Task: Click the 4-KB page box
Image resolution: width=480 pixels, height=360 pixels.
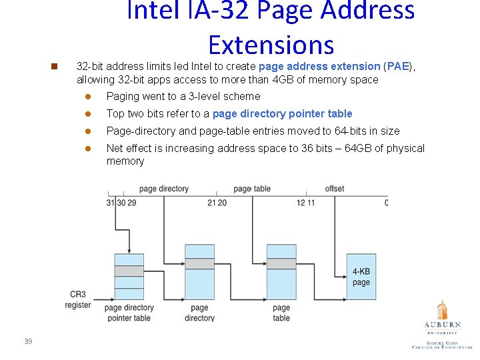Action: pos(361,277)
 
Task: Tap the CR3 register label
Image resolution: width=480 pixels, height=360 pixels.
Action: pos(78,299)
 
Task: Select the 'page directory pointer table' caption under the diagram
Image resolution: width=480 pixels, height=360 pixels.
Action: pos(129,313)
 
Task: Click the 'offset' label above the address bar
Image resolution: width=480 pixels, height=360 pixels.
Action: pos(335,189)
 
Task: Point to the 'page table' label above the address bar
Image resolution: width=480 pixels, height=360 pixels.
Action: pos(252,189)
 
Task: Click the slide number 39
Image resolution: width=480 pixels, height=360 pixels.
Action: pos(28,341)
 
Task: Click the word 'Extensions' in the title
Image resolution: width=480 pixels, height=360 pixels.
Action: pos(271,44)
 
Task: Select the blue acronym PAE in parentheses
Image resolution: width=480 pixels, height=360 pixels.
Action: pos(397,67)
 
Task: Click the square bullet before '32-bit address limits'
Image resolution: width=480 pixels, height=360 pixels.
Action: pos(55,67)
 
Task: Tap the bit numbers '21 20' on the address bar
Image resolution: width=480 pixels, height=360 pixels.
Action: pos(217,203)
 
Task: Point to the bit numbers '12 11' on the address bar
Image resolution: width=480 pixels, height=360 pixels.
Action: pos(306,203)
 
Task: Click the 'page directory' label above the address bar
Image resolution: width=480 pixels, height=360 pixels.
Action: pos(164,189)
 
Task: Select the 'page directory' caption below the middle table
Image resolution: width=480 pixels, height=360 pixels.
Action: pos(199,313)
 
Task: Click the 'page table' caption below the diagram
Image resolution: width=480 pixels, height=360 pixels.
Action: pos(281,313)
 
